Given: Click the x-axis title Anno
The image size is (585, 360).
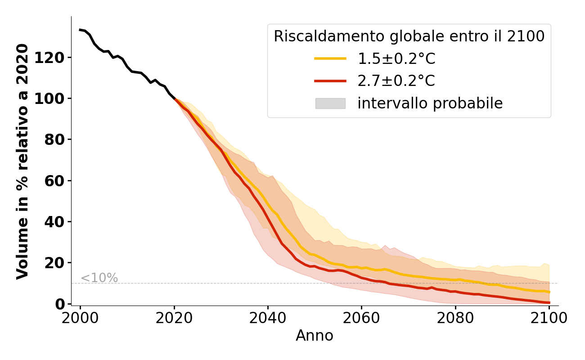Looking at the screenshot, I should (x=315, y=336).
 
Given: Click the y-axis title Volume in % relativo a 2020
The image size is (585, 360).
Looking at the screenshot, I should (x=22, y=161).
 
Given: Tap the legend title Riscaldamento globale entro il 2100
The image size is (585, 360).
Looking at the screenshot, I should (x=409, y=36).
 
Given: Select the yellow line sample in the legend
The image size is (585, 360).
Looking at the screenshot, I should (x=330, y=58).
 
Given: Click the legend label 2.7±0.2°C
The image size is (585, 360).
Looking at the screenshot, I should (x=396, y=81).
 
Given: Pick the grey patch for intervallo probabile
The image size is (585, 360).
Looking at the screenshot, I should (x=330, y=103).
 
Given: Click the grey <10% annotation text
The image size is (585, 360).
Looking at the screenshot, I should (x=99, y=278).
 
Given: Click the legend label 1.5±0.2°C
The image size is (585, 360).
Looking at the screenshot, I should (x=396, y=59).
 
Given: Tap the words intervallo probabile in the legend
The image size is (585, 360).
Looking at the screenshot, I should (x=430, y=103).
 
